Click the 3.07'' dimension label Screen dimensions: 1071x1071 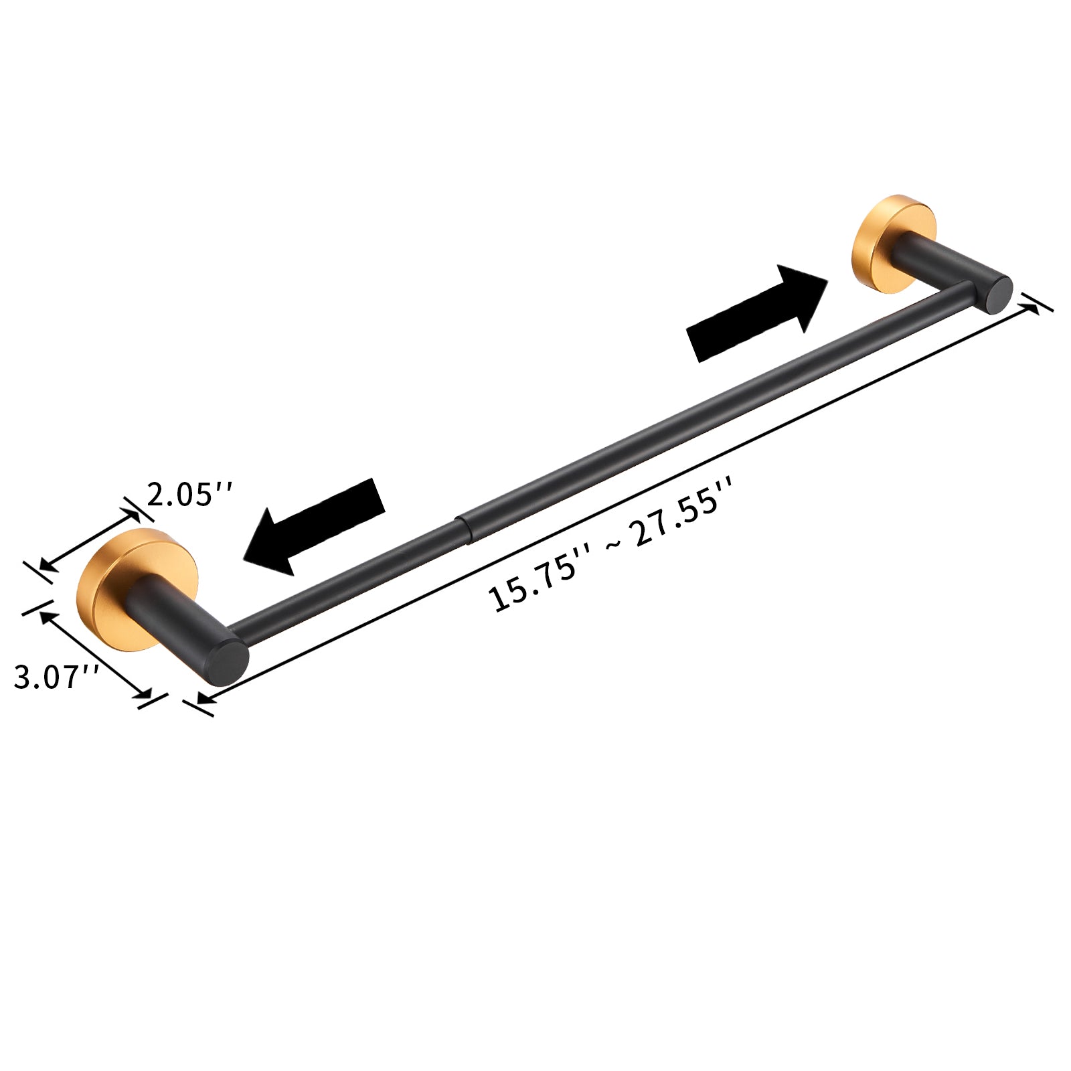(56, 677)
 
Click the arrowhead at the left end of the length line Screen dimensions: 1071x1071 (205, 699)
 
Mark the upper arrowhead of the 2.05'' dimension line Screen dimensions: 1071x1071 (131, 512)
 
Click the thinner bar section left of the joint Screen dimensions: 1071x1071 (348, 582)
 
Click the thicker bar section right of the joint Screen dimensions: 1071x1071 (669, 428)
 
